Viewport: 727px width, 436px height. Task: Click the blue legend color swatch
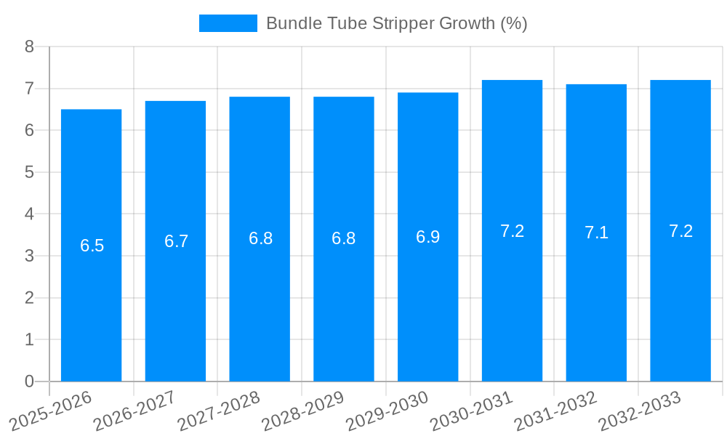(x=228, y=23)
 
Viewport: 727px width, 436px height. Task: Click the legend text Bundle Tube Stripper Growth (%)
(x=396, y=23)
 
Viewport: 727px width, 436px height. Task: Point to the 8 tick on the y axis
(x=29, y=47)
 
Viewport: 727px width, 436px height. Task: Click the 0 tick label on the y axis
(x=29, y=381)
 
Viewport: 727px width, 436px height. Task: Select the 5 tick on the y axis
(x=29, y=172)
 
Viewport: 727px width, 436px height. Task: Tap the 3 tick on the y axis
(x=29, y=256)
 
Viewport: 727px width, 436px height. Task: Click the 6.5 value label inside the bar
(x=92, y=246)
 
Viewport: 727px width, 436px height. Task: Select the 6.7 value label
(x=177, y=241)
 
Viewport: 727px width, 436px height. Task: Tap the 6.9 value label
(x=428, y=237)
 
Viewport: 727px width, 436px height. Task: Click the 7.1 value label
(x=597, y=233)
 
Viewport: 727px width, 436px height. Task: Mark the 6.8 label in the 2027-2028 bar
(x=260, y=238)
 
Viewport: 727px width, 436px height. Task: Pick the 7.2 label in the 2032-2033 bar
(x=681, y=231)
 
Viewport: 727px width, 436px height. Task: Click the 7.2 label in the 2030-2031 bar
(x=513, y=231)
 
